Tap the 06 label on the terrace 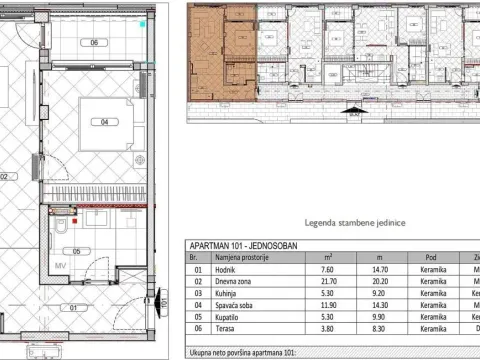pyautogui.click(x=94, y=43)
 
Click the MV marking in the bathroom pyautogui.click(x=59, y=265)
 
